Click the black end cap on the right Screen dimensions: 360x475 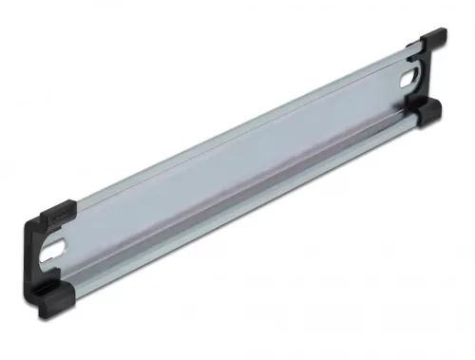click(x=429, y=81)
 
